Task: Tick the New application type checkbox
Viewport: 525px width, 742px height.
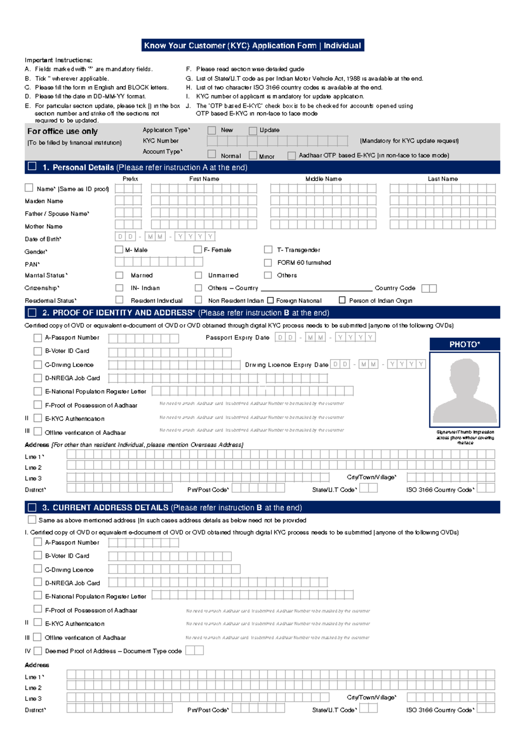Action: (212, 130)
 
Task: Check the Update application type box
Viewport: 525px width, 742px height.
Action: (253, 130)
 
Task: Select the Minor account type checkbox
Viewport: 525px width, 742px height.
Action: (253, 155)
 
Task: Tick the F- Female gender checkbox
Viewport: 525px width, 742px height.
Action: (198, 249)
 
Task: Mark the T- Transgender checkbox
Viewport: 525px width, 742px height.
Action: (268, 249)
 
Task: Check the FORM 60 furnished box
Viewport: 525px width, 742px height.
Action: (268, 262)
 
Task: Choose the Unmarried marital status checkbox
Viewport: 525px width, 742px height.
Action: (198, 275)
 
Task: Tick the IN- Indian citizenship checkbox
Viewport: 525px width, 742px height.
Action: (119, 288)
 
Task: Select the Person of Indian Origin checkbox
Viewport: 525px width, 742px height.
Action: (342, 300)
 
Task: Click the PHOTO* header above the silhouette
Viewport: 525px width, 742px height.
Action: (465, 344)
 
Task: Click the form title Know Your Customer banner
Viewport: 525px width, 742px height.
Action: (252, 45)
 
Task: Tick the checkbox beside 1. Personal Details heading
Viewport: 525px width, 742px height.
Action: (32, 167)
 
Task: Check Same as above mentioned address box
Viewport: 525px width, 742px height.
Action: (32, 520)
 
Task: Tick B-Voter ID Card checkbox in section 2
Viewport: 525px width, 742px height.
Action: (38, 351)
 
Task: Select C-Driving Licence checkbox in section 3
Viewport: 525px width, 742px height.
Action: (38, 569)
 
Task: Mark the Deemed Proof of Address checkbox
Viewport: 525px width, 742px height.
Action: (38, 651)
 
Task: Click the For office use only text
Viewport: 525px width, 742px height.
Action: (63, 131)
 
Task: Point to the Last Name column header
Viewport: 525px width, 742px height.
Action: (443, 178)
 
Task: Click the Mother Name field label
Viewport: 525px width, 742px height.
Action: (44, 226)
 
